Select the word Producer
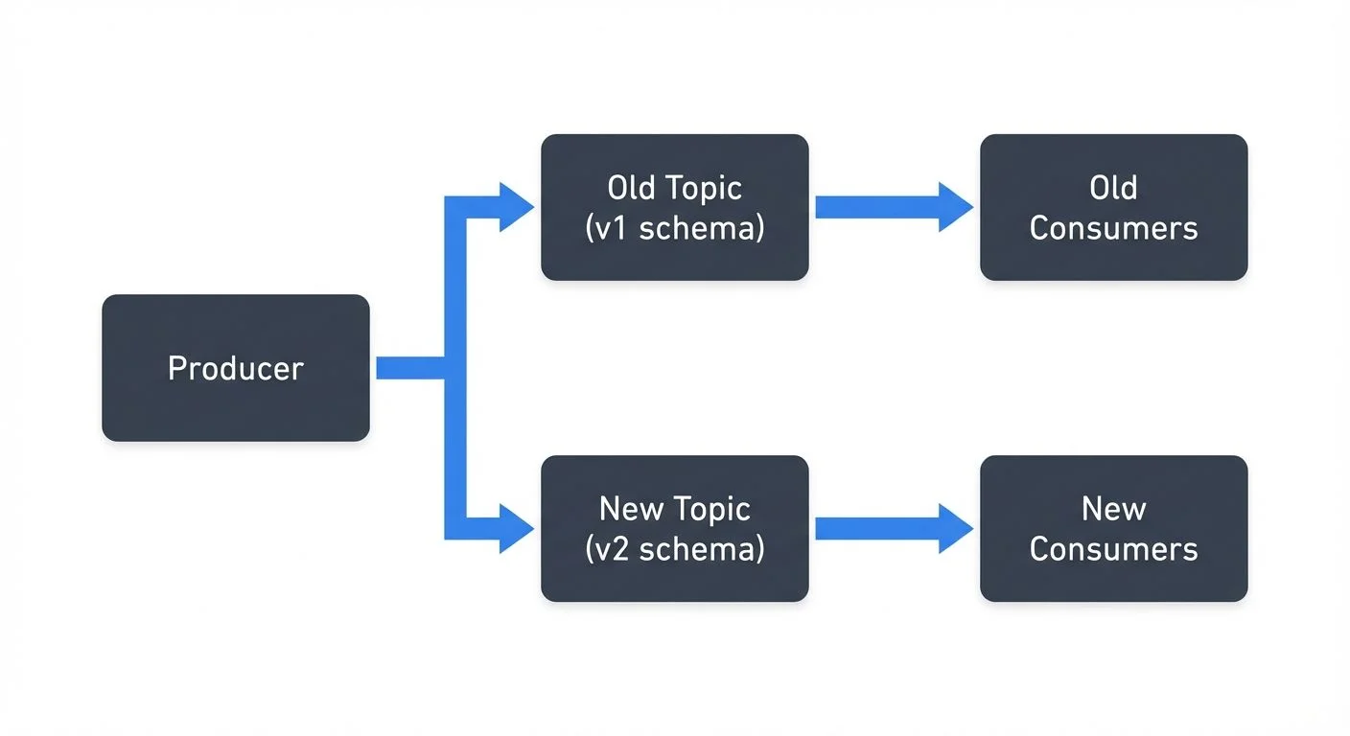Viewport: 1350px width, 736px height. coord(235,369)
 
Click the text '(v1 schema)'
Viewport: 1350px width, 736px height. coord(674,229)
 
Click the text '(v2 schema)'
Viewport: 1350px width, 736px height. coord(674,549)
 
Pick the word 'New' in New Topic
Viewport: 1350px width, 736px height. coord(631,509)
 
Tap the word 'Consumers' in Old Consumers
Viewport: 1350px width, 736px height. coord(1113,229)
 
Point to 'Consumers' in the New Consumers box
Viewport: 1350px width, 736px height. coord(1113,549)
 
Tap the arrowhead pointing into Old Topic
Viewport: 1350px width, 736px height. coord(516,208)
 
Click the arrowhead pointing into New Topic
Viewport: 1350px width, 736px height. coord(516,529)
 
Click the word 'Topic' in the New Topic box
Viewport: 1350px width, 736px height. coord(711,509)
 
